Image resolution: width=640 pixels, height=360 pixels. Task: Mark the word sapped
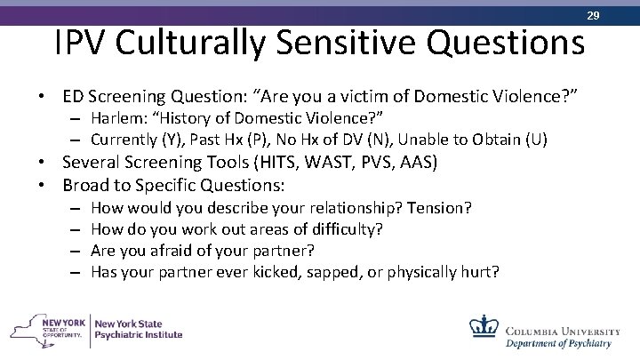coord(335,271)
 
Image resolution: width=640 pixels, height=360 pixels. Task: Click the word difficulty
coord(349,228)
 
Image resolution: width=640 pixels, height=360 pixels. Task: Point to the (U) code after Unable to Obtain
coord(536,140)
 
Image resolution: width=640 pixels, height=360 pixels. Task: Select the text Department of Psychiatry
coord(558,342)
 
